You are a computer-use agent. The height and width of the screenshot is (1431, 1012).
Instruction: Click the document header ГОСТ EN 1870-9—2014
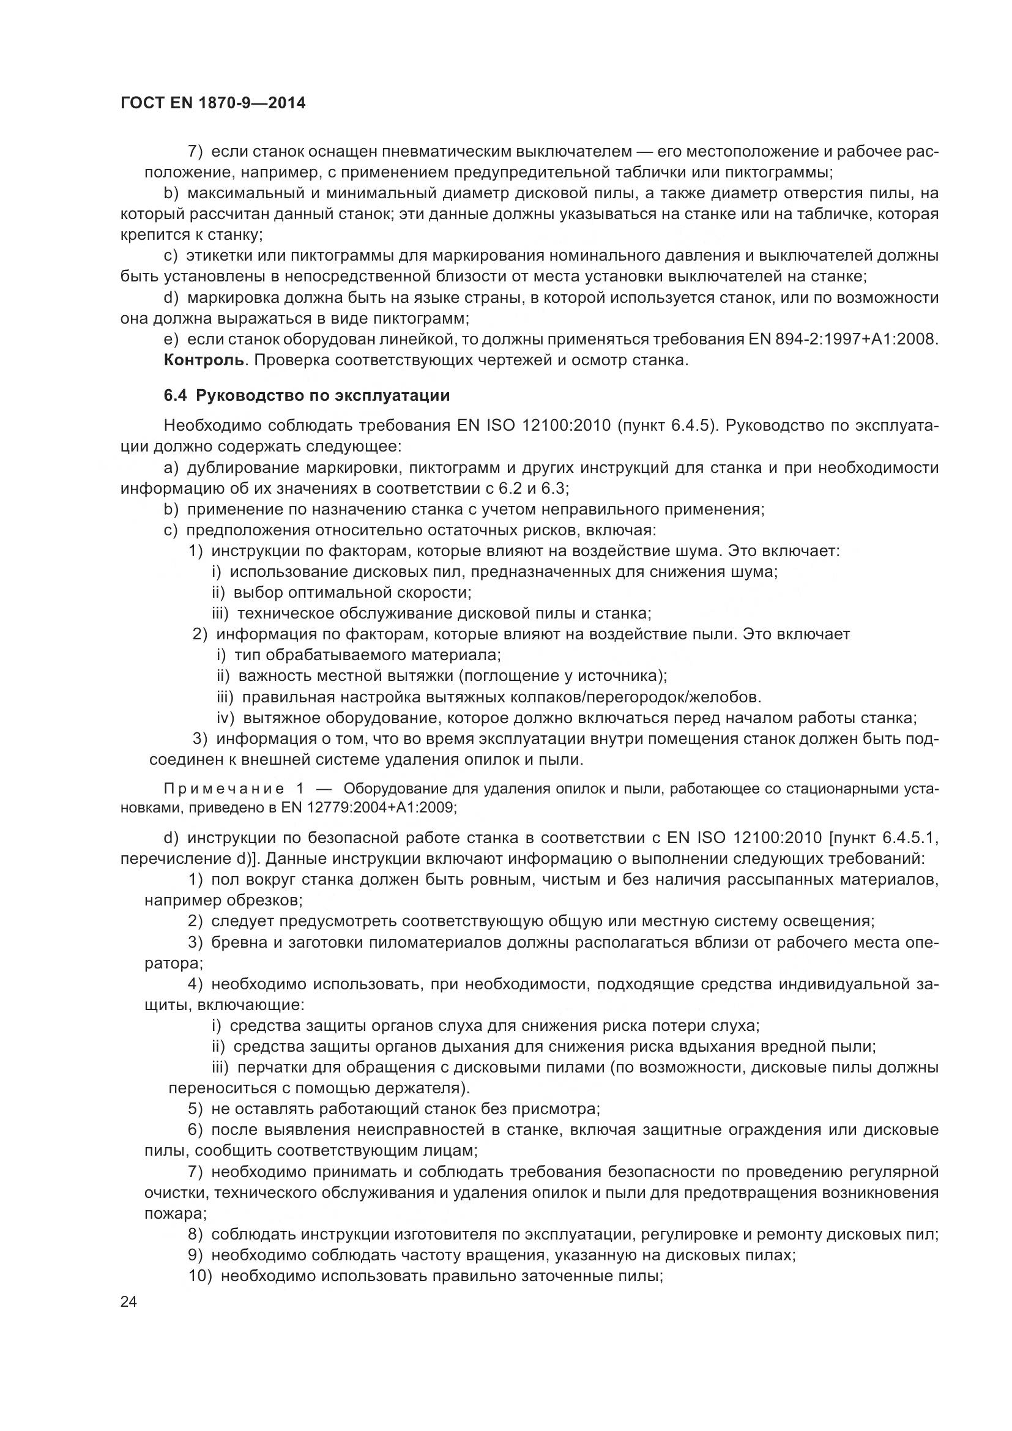tap(212, 103)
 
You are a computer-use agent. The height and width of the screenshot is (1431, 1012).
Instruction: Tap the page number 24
tap(128, 1302)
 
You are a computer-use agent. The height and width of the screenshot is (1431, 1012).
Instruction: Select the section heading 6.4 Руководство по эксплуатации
tap(307, 396)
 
